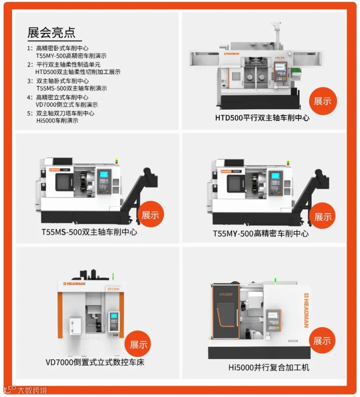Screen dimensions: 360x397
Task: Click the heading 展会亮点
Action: point(51,32)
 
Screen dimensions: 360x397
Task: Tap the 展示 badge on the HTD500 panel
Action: point(322,101)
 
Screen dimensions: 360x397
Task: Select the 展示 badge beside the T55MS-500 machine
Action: point(150,215)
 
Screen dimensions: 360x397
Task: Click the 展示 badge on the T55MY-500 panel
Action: point(322,217)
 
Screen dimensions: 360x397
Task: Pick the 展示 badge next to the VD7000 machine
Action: point(138,344)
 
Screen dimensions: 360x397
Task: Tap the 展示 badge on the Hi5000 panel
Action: point(322,341)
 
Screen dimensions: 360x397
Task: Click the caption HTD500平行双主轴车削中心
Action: point(262,118)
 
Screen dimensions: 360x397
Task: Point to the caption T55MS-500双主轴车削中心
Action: point(89,232)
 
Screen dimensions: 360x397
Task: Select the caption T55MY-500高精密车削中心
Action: point(260,233)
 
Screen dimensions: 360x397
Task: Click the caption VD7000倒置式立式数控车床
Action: point(95,363)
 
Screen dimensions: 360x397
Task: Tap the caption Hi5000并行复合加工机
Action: point(269,367)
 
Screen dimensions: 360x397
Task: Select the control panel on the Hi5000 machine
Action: point(274,320)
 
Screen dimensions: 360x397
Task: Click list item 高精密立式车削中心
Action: point(62,97)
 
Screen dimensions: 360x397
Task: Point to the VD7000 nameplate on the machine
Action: point(113,288)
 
